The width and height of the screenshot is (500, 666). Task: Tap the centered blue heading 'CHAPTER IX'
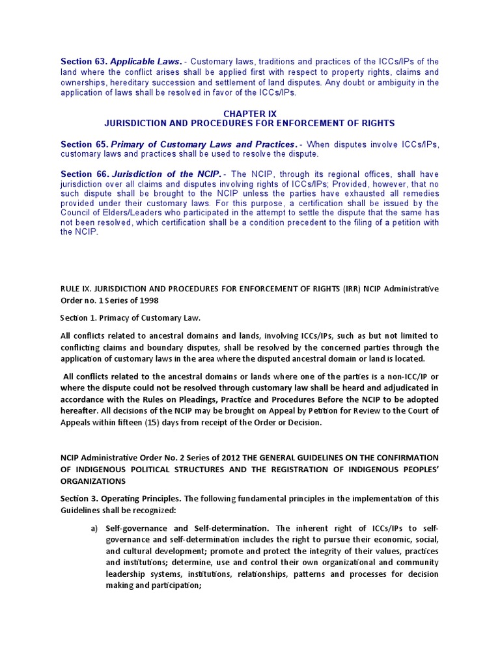point(250,114)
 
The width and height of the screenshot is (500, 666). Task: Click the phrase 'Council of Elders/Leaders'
point(113,213)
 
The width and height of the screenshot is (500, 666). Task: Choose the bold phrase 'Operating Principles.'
point(144,498)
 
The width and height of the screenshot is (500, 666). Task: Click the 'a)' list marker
point(94,528)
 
